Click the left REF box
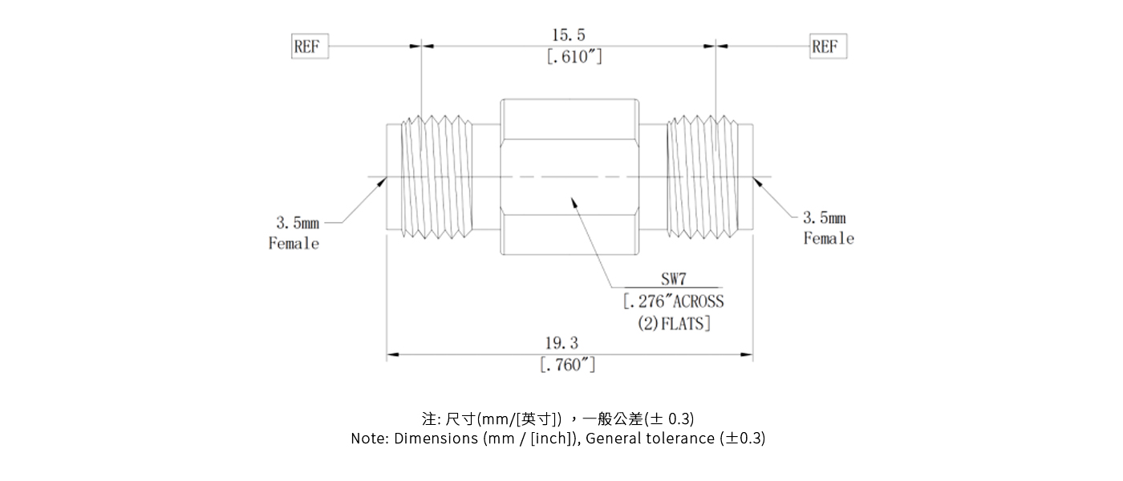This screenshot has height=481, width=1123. [x=310, y=46]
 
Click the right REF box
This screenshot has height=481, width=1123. [x=827, y=46]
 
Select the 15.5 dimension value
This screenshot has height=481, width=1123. [x=568, y=35]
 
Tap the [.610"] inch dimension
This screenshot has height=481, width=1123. [x=574, y=58]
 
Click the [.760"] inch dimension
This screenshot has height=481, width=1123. [x=568, y=366]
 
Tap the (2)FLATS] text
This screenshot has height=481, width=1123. [x=673, y=324]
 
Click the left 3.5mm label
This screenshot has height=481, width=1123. [x=297, y=222]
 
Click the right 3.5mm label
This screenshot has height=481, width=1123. [x=825, y=217]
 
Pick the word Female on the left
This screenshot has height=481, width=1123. [x=294, y=244]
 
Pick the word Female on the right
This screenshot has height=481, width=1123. [x=829, y=239]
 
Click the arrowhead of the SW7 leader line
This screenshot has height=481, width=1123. [x=574, y=203]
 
